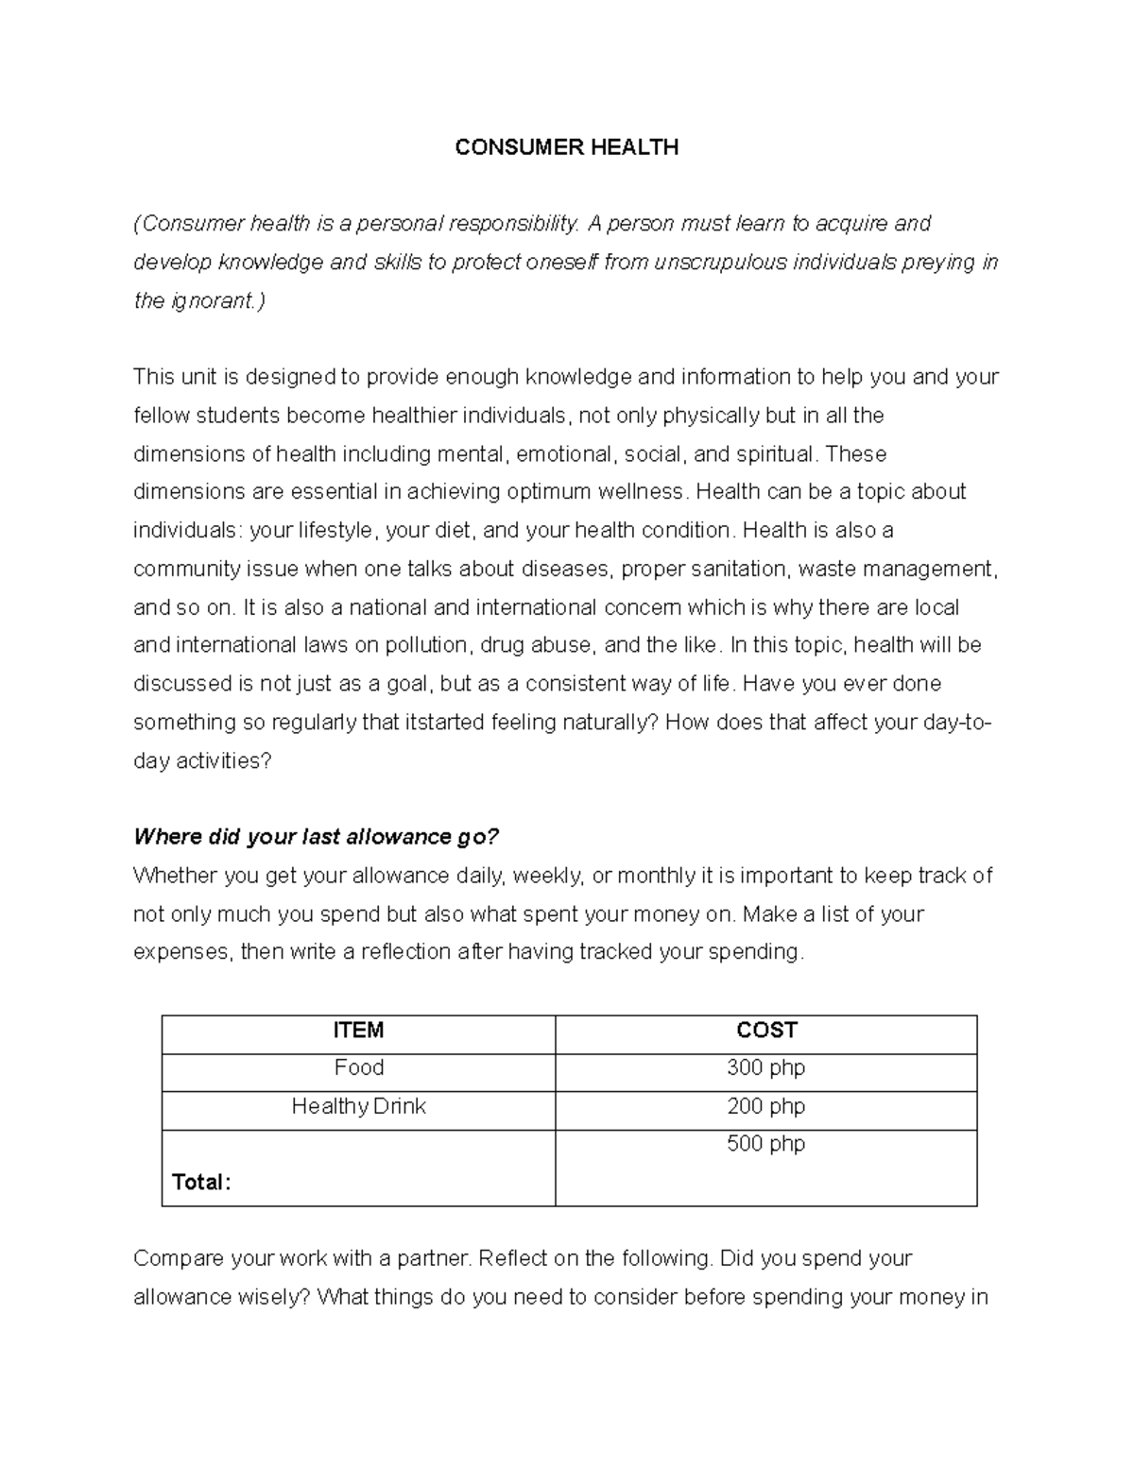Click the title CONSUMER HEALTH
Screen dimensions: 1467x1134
tap(566, 147)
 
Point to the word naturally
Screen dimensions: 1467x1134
tap(610, 723)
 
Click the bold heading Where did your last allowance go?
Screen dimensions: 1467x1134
tap(316, 837)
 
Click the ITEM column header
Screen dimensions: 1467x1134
tap(358, 1031)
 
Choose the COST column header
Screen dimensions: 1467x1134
tap(766, 1031)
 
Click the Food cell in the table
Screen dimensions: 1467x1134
tap(358, 1068)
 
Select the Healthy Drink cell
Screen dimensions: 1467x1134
tap(358, 1106)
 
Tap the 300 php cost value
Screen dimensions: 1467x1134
tap(765, 1068)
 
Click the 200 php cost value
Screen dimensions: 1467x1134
tap(765, 1106)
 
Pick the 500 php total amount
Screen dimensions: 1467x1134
tap(765, 1144)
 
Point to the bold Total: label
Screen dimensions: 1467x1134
tap(200, 1183)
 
